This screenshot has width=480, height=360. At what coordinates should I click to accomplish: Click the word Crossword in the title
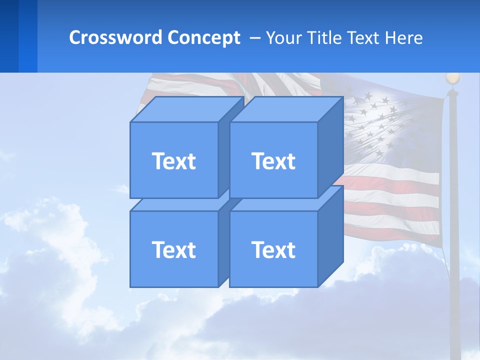[x=115, y=37]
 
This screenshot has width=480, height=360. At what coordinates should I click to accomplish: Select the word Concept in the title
[x=204, y=37]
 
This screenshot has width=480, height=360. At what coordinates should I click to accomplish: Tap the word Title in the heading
[x=325, y=37]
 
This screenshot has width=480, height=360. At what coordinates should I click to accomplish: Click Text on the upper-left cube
[x=173, y=161]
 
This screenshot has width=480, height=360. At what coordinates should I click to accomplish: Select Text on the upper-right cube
[x=273, y=161]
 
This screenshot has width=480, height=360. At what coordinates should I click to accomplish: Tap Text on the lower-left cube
[x=173, y=249]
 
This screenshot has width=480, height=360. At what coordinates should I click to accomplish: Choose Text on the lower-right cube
[x=273, y=249]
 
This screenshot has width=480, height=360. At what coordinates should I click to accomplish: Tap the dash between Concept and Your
[x=254, y=38]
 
